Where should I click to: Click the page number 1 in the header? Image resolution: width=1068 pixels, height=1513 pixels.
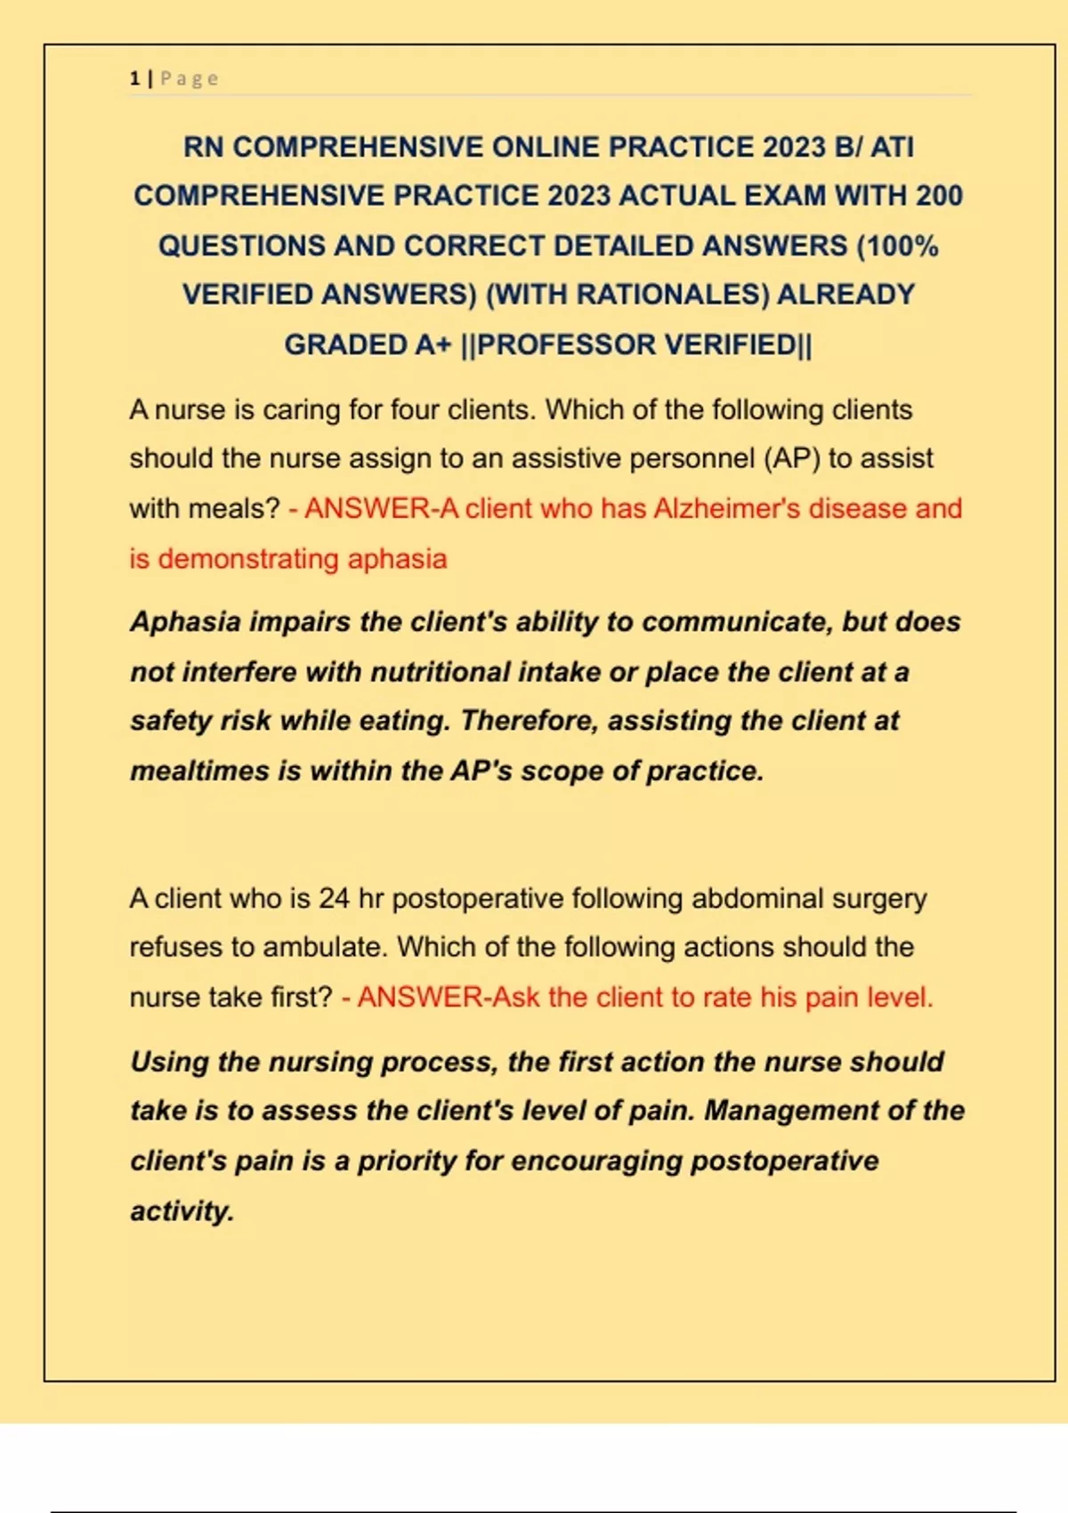click(134, 78)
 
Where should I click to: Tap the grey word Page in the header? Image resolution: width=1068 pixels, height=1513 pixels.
click(189, 78)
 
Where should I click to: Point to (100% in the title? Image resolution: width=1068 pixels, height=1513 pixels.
click(897, 246)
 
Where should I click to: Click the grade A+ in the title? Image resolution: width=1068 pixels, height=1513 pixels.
click(433, 344)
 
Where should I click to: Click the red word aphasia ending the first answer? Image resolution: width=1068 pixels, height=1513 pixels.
click(397, 559)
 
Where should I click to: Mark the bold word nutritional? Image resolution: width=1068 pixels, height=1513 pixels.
click(441, 672)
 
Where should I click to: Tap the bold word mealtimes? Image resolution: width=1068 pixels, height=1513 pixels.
click(199, 771)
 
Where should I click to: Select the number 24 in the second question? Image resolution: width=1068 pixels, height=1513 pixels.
click(334, 898)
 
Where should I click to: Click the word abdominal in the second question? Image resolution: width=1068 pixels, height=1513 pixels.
click(756, 898)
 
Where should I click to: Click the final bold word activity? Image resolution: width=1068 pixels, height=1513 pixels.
click(182, 1211)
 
